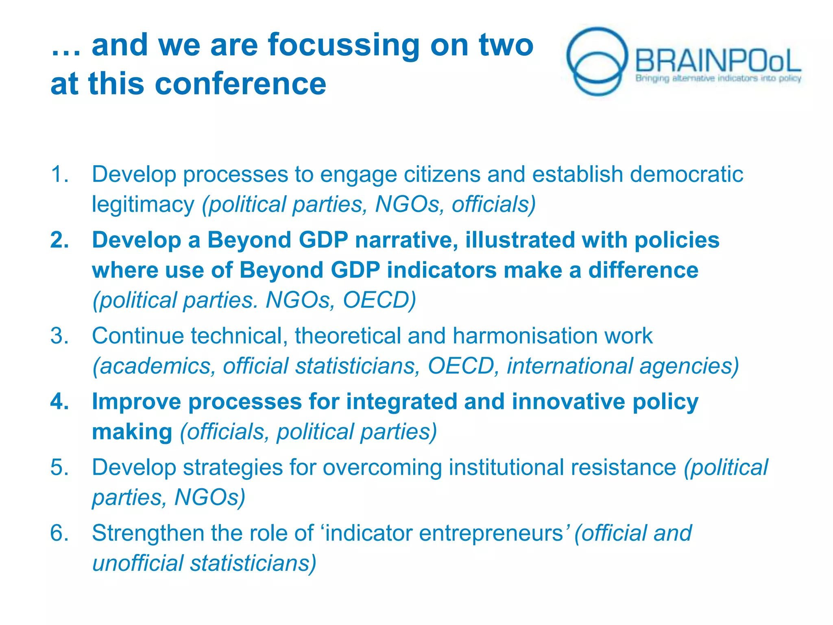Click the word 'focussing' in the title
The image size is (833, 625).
343,46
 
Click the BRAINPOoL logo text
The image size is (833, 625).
717,61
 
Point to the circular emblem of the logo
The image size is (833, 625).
597,61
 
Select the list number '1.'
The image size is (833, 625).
60,174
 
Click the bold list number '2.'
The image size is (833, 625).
60,240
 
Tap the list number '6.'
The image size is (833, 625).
60,533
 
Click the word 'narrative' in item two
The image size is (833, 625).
406,240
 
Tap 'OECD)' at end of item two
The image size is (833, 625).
379,300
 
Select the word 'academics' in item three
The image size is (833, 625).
154,366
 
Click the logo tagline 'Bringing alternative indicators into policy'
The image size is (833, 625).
718,78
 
